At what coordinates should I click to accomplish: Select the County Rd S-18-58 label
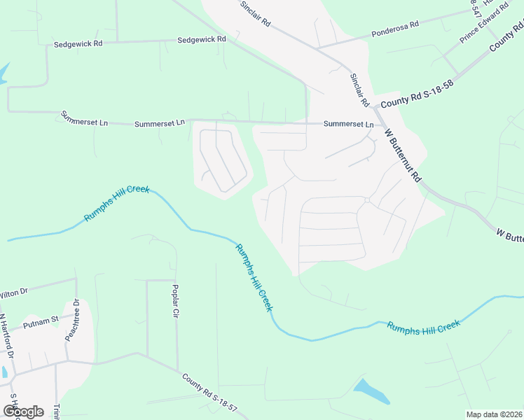[413, 94]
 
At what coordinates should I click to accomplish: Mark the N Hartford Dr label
[7, 335]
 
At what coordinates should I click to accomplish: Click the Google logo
[23, 411]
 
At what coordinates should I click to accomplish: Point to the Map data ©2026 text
[494, 414]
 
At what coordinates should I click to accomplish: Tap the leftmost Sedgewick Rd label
[78, 43]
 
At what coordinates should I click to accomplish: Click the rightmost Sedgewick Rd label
[202, 40]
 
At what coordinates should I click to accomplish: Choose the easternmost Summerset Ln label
[348, 124]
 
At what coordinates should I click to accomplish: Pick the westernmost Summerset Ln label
[84, 118]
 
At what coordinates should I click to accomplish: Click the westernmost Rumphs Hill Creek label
[117, 204]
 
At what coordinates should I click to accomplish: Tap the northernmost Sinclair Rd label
[255, 13]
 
